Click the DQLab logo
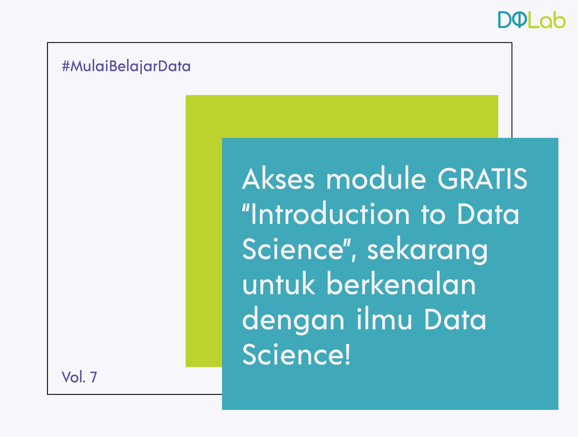pos(532,20)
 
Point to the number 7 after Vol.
pos(94,377)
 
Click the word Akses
pos(278,179)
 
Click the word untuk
pos(279,284)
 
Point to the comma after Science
pos(354,258)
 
